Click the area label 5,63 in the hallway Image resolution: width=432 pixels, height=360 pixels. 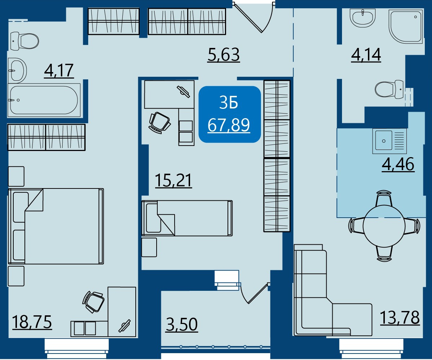[x=224, y=55]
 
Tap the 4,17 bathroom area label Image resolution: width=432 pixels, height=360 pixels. [x=59, y=71]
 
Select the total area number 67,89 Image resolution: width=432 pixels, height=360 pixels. [x=229, y=125]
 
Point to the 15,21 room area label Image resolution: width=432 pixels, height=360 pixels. [x=174, y=181]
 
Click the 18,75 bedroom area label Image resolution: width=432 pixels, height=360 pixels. [x=32, y=322]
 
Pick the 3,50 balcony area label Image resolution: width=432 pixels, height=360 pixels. [x=182, y=325]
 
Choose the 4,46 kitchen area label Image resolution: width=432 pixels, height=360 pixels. [x=398, y=164]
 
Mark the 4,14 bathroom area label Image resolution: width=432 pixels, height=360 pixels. [x=366, y=55]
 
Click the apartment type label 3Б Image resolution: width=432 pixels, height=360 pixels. [x=229, y=103]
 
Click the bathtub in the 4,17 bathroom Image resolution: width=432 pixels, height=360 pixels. [x=44, y=101]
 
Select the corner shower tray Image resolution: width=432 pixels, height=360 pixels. [x=406, y=29]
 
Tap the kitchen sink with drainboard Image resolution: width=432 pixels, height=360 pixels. [x=390, y=141]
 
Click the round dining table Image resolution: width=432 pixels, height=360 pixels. [x=384, y=226]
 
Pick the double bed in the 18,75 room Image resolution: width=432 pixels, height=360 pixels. [x=56, y=226]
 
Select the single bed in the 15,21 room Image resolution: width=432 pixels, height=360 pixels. [x=187, y=218]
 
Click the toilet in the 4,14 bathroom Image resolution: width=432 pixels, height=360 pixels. [x=389, y=89]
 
